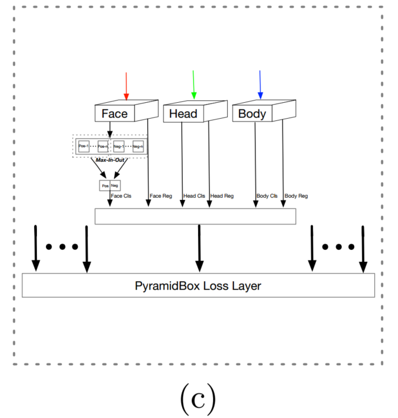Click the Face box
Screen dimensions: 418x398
115,114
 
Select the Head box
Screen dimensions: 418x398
183,114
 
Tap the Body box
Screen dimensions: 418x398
252,114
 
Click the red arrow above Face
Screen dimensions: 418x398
126,84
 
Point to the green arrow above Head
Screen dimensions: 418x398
194,84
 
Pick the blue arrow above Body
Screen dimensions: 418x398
260,84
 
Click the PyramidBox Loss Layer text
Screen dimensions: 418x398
198,285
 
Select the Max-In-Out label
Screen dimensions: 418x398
110,160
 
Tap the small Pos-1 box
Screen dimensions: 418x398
84,147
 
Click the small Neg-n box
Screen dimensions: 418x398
137,147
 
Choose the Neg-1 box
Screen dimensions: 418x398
119,147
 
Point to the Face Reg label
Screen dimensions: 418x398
160,196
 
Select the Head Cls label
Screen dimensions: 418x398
194,196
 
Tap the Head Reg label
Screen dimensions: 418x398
222,196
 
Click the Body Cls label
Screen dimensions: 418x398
267,196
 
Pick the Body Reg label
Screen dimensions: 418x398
296,196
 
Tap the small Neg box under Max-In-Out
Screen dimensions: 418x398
115,186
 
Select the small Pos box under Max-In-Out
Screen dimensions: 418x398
104,186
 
